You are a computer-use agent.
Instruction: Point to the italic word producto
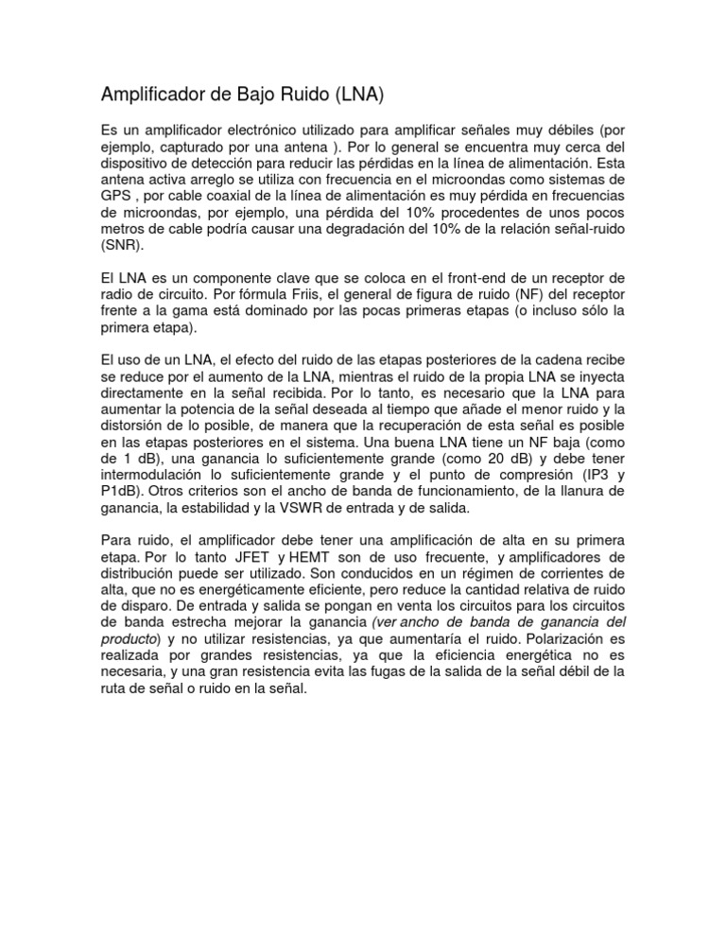click(x=128, y=640)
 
